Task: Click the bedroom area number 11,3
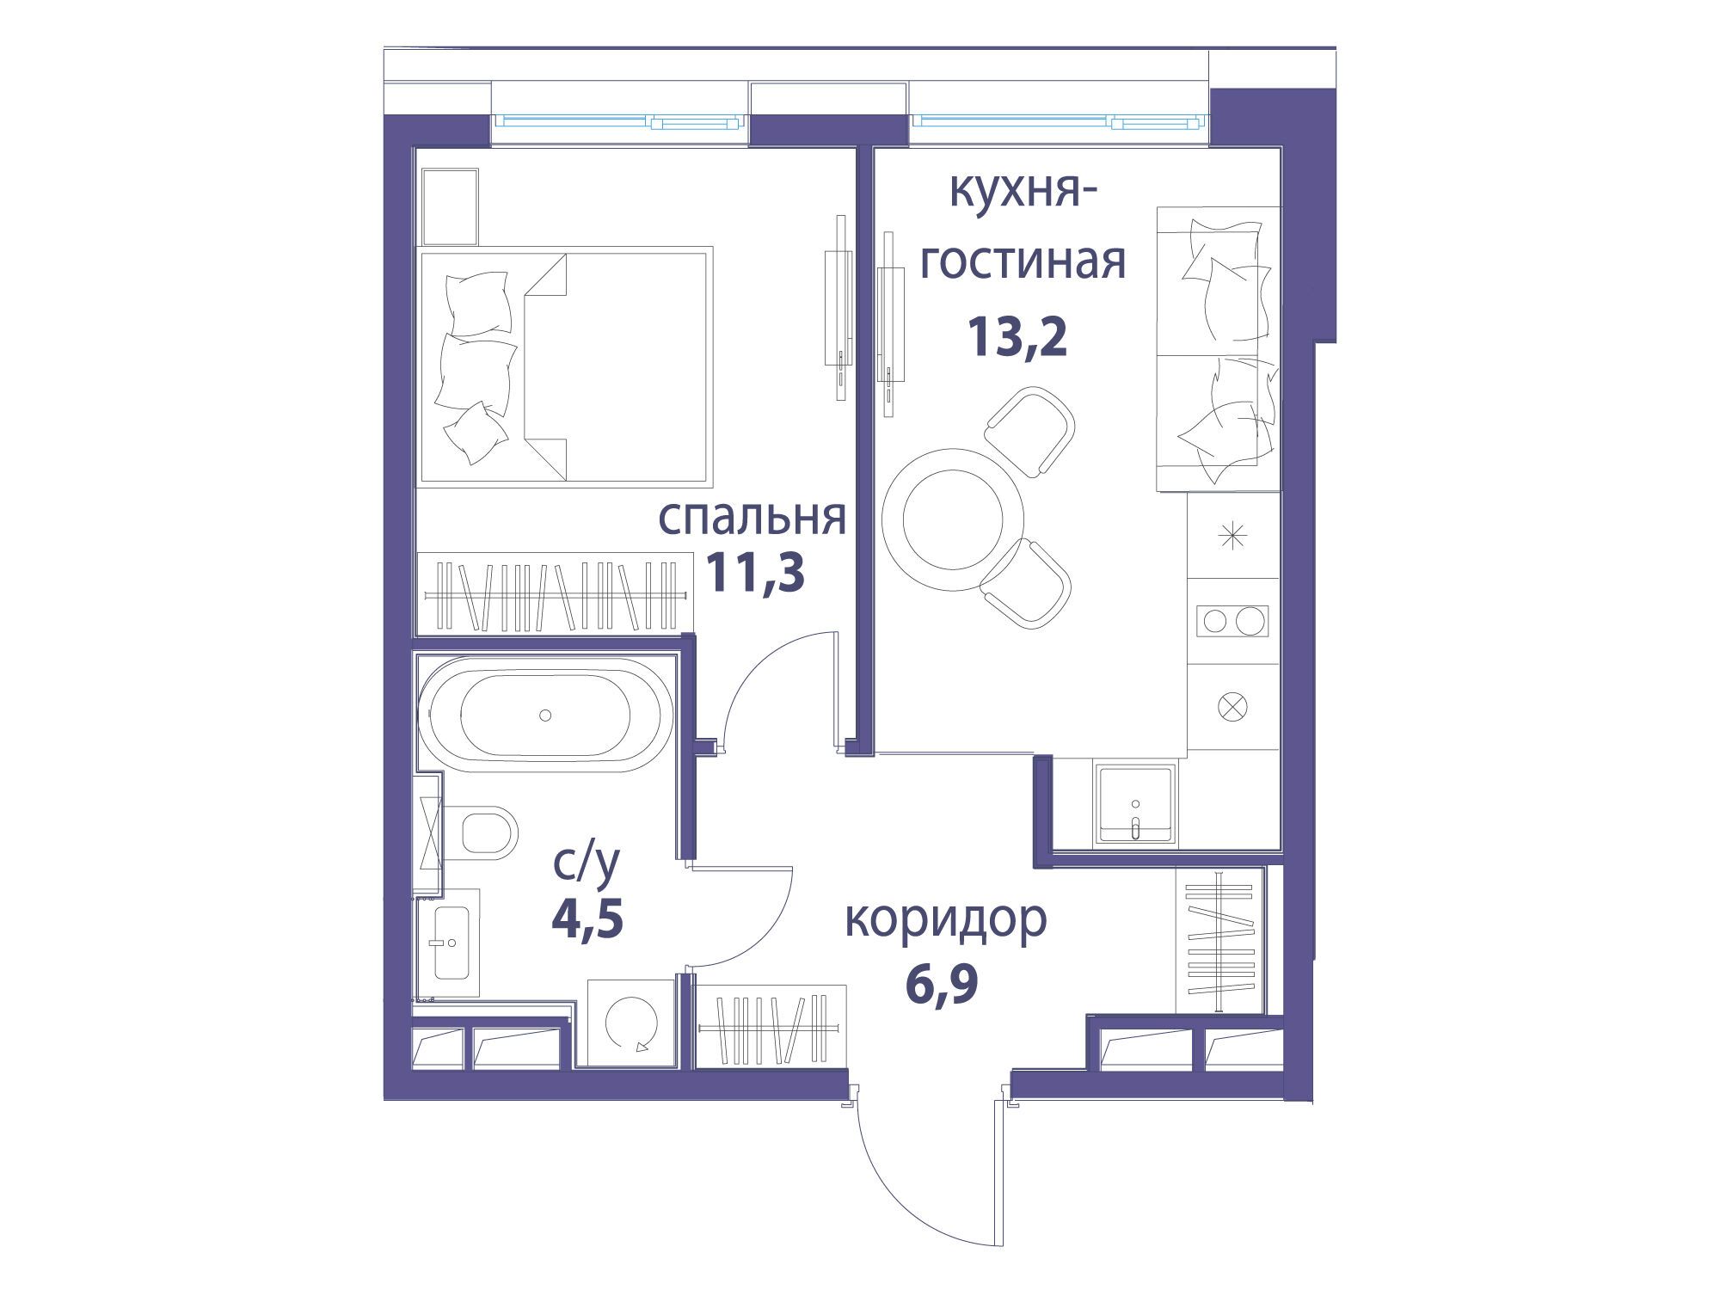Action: (755, 573)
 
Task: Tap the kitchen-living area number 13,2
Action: (1017, 337)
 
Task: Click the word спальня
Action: (752, 517)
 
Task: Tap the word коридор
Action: (946, 920)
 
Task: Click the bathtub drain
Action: (544, 714)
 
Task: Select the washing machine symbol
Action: (631, 1023)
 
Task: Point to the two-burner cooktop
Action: (1232, 619)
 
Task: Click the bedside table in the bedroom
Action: (450, 207)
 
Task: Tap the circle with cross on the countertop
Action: (1232, 707)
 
